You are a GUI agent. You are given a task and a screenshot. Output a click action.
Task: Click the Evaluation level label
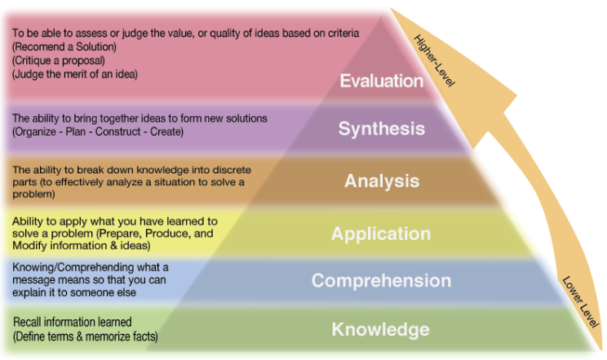[381, 81]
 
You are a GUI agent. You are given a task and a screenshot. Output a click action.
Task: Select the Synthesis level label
[382, 129]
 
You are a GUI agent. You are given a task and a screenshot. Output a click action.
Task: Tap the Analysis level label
[382, 181]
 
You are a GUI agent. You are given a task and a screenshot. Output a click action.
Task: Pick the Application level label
[381, 234]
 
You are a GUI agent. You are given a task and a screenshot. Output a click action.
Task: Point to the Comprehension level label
[381, 281]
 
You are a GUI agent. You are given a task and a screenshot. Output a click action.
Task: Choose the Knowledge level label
[381, 329]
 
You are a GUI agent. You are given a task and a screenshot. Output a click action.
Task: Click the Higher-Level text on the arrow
[434, 60]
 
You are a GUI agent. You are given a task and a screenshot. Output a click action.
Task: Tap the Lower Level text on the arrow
[581, 302]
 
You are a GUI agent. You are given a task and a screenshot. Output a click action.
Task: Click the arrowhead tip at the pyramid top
[390, 8]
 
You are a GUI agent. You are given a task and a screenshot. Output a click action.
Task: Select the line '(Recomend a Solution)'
[64, 47]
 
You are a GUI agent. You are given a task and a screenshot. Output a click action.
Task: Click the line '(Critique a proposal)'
[58, 60]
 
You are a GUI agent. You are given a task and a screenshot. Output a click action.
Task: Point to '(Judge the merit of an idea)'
[75, 74]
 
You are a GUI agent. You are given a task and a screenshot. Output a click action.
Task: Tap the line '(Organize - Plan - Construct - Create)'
[98, 132]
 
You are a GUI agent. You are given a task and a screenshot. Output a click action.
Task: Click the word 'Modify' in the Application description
[27, 246]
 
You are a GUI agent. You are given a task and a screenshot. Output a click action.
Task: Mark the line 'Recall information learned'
[72, 322]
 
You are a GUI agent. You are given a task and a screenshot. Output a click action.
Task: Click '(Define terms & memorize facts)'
[86, 336]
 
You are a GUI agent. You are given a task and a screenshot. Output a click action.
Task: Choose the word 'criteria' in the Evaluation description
[343, 33]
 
